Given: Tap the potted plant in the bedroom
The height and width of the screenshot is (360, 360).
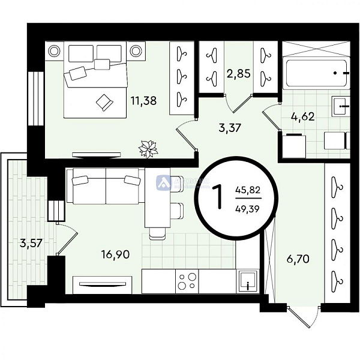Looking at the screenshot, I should pos(148,147).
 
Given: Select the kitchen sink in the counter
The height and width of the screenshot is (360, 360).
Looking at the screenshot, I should pos(247,281).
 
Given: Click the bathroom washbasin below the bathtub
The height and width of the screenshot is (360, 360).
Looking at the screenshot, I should pos(340,109).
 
